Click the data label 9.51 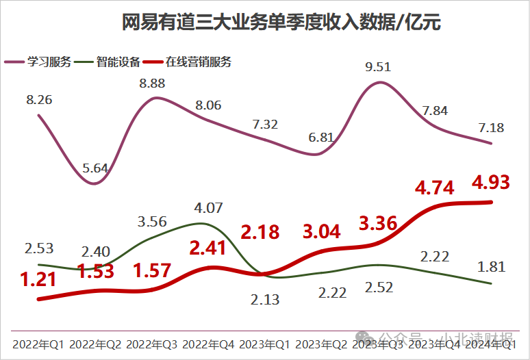click(379, 67)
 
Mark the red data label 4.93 click(492, 183)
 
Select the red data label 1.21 click(38, 280)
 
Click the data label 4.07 click(210, 207)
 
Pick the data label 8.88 click(153, 83)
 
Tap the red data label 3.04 click(322, 231)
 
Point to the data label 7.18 click(492, 127)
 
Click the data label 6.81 click(322, 138)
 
